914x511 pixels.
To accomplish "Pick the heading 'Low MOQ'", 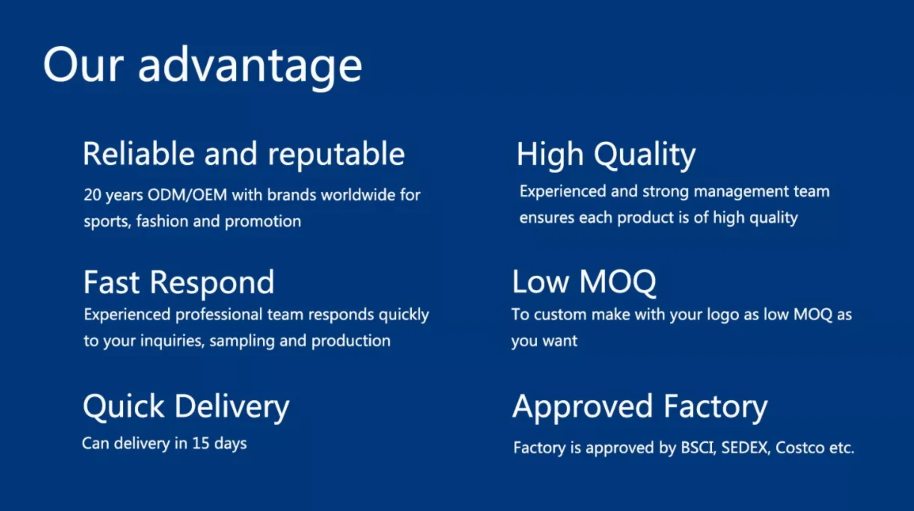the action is click(584, 282).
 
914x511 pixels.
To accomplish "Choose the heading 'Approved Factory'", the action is click(640, 408).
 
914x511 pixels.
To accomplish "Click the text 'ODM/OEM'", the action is click(187, 195).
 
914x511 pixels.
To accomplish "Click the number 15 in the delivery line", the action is click(201, 444).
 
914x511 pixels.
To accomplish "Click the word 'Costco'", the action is click(800, 448).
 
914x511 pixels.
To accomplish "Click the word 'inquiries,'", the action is click(172, 341).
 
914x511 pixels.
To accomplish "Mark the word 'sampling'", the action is click(242, 341).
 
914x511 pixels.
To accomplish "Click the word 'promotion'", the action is click(263, 222).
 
